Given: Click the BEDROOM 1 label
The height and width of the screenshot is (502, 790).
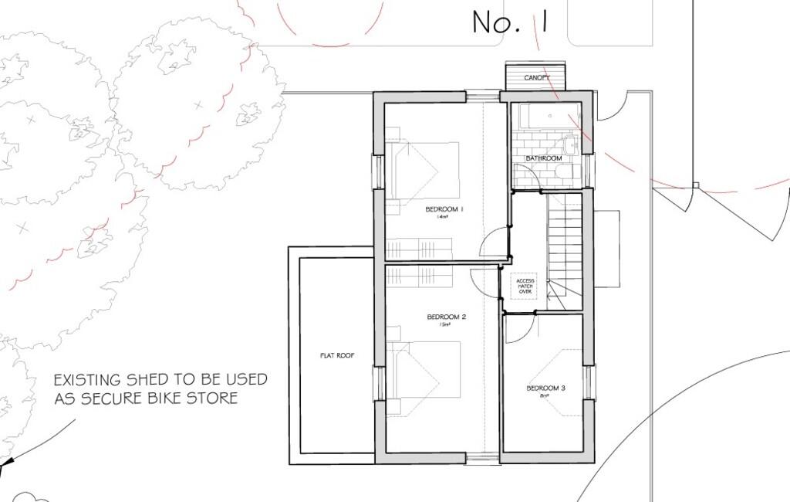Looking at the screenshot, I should [x=444, y=209].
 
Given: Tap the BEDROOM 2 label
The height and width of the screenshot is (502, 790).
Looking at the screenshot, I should [x=446, y=317].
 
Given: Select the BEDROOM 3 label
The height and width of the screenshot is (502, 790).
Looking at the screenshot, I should [x=546, y=388].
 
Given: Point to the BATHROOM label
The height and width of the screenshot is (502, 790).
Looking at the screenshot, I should [x=544, y=158].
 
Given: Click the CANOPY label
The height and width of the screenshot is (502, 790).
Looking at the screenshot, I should [x=537, y=78].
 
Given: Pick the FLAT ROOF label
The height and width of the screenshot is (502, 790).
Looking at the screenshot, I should [x=336, y=356].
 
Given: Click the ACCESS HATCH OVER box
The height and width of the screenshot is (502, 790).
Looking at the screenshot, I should [x=525, y=287].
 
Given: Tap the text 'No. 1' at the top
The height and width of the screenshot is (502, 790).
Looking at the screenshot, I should [x=510, y=22].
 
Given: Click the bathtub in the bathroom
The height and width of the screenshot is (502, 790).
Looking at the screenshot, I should [x=549, y=116].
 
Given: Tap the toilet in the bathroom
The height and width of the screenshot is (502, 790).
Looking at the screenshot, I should [x=566, y=172].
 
